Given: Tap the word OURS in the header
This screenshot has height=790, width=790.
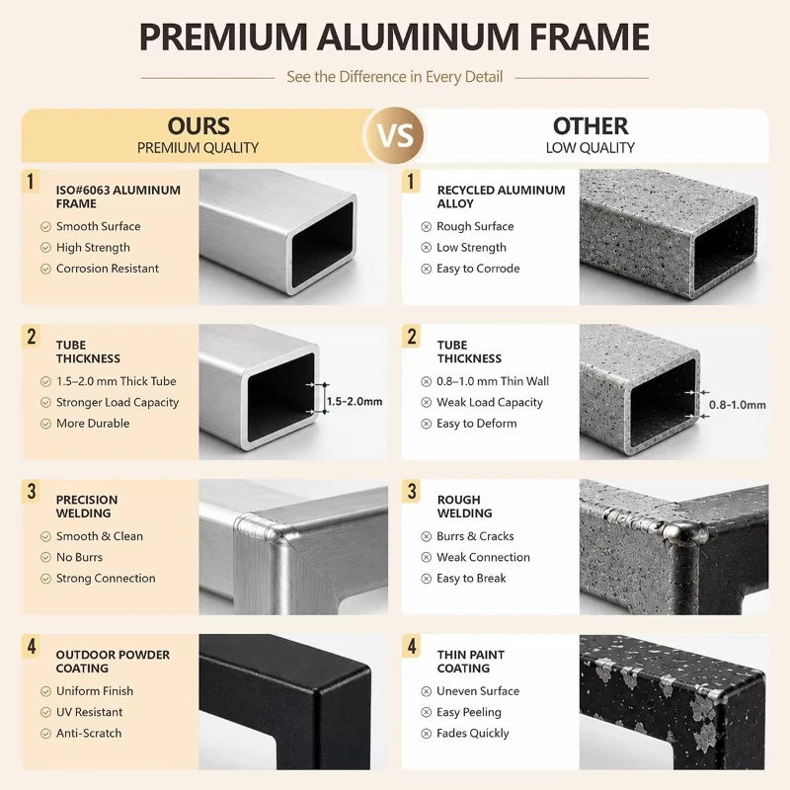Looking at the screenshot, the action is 198,126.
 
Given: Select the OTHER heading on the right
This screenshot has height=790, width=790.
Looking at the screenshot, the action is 591,126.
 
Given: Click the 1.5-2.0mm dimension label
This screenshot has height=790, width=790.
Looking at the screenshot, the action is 355,402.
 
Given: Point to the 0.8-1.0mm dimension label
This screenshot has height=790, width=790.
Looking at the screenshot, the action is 737,405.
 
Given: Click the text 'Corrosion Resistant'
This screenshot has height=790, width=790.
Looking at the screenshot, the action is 108,269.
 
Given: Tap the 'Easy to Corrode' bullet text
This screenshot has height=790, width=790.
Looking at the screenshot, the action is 478,269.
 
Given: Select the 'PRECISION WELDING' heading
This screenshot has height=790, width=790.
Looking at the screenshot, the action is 87,507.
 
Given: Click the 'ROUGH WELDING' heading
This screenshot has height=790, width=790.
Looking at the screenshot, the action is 464,507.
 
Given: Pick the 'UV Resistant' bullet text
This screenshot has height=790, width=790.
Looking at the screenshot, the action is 89,712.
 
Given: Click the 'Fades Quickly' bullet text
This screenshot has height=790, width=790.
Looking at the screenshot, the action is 473,733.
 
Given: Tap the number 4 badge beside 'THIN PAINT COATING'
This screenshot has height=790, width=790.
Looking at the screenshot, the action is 412,646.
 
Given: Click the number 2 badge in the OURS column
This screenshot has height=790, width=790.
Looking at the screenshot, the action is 32,337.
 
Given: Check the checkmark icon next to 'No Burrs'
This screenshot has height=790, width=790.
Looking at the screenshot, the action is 45,557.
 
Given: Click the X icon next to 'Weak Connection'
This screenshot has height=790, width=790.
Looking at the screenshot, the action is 427,557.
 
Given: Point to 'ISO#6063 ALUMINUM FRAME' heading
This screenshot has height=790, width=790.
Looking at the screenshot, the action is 118,197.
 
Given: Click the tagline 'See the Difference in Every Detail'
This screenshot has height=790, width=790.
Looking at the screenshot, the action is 394,77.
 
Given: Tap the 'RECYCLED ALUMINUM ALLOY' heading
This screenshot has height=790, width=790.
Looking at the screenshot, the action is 501,197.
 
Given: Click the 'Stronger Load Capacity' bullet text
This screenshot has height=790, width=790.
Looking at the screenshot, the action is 118,403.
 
